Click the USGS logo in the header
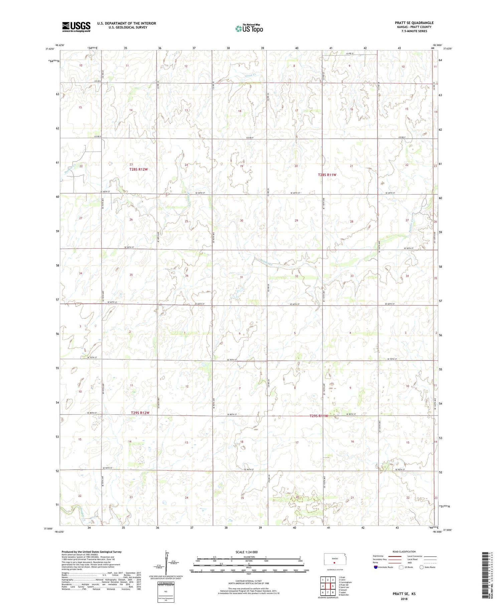(76, 27)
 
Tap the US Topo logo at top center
(249, 28)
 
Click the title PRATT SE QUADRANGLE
(414, 23)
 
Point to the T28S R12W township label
(138, 169)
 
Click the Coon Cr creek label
(254, 76)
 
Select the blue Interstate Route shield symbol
(375, 567)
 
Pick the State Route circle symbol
(422, 567)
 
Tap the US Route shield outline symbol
(401, 567)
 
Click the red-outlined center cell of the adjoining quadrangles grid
(328, 586)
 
